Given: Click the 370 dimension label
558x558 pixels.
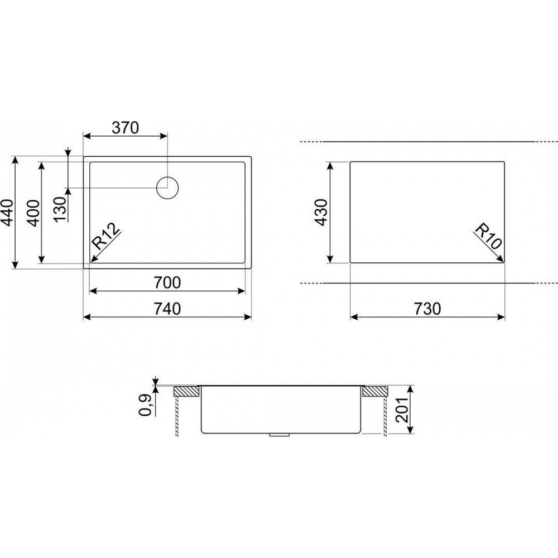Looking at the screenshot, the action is tap(125, 128).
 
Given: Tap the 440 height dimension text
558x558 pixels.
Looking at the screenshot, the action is tap(8, 213).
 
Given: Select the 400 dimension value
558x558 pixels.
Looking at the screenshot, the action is tap(33, 213).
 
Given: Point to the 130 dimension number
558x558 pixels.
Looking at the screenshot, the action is tap(61, 209).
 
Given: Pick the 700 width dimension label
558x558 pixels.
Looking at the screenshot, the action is tap(167, 282).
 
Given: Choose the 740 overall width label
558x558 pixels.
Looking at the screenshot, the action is tap(167, 309).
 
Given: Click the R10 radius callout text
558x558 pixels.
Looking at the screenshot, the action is tap(488, 235).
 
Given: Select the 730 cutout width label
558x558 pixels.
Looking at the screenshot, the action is tap(427, 309).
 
